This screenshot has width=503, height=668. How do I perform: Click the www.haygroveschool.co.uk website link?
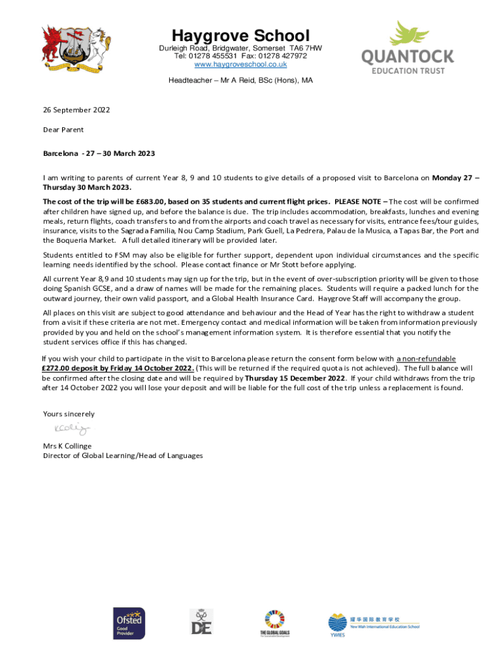(x=240, y=64)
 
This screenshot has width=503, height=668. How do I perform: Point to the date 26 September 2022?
(x=76, y=110)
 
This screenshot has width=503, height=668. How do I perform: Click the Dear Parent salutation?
(x=63, y=130)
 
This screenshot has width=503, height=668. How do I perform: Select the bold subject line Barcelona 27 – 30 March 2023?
(x=99, y=153)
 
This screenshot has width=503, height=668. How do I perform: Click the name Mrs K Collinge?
(x=67, y=446)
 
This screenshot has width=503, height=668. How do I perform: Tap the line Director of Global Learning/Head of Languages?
(x=123, y=456)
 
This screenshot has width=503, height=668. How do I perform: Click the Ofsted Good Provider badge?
(x=129, y=623)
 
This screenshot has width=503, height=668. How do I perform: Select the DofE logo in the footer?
(x=201, y=622)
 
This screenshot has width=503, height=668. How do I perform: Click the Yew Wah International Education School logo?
(x=373, y=623)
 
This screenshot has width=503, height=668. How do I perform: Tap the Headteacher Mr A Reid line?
(x=240, y=80)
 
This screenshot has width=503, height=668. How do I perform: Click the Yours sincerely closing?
(x=69, y=414)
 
